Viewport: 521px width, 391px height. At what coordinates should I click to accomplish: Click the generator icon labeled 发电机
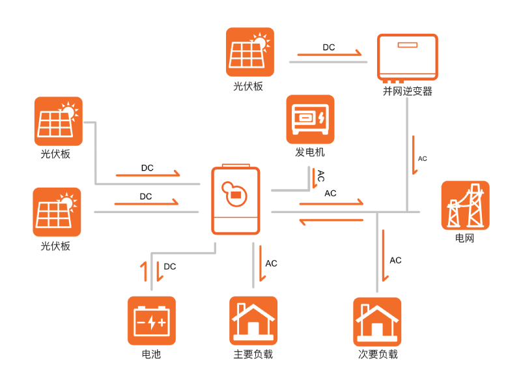310,119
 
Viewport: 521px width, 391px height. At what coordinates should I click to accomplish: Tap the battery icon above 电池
151,321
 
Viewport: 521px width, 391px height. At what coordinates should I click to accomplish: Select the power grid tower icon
465,205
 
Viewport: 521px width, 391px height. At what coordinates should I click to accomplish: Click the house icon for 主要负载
253,321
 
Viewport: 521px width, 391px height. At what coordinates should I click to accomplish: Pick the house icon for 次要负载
377,321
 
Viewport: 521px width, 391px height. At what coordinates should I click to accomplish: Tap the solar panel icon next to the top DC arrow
250,51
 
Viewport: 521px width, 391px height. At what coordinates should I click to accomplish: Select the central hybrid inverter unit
235,200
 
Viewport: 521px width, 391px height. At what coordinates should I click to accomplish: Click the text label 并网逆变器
408,92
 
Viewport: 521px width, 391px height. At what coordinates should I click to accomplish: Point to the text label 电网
464,239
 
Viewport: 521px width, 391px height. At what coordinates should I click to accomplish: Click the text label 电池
151,355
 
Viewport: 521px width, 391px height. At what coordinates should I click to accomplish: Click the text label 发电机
310,153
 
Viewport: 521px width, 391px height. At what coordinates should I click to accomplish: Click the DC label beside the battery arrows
170,267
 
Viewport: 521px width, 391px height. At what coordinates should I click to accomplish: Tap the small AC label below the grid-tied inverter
423,158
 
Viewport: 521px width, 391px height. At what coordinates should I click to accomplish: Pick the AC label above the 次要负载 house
395,261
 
